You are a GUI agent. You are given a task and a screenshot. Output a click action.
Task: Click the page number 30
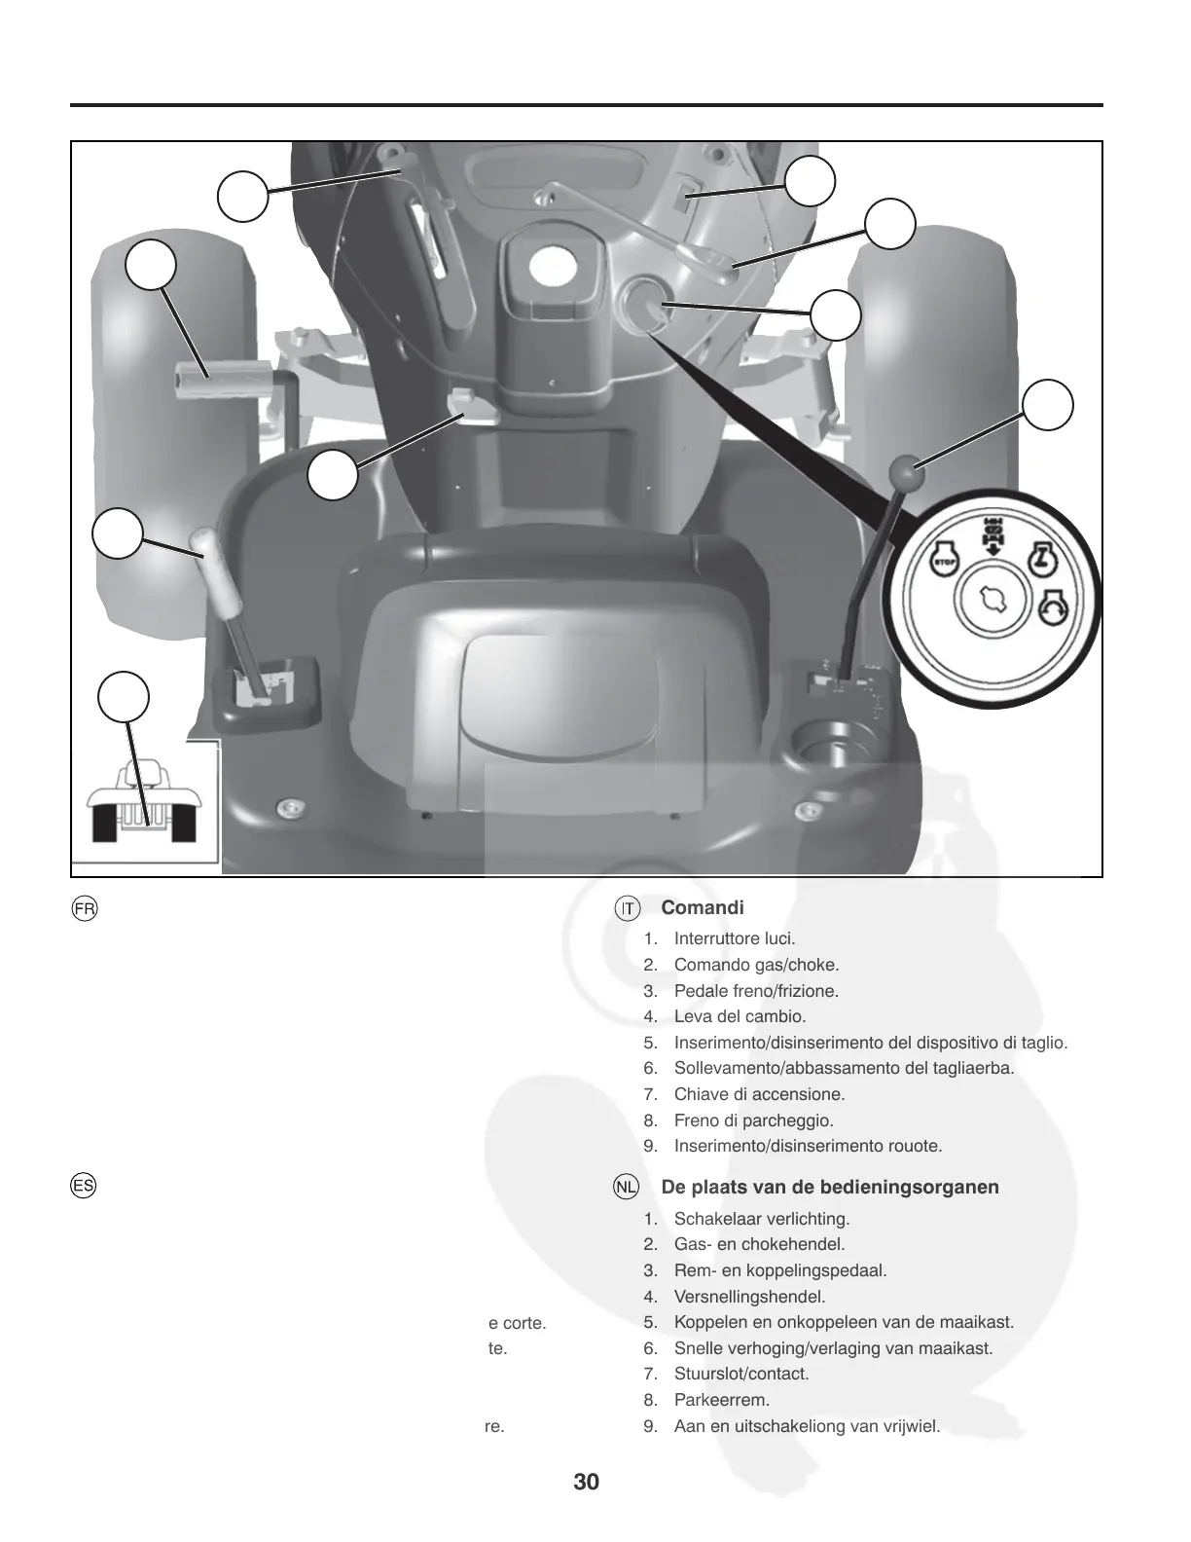(586, 1482)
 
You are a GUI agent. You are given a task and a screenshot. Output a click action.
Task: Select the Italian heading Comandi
(703, 907)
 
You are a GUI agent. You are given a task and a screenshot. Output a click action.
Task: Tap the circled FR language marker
(85, 908)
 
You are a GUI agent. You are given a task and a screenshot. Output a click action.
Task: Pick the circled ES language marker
(84, 1187)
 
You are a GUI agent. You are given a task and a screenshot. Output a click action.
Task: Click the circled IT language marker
(628, 908)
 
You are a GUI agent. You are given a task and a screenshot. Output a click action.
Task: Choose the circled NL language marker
(627, 1188)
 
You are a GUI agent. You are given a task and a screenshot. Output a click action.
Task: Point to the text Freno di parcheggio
(753, 1120)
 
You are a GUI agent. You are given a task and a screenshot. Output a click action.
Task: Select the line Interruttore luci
(735, 939)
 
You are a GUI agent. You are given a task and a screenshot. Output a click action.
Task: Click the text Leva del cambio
(740, 1016)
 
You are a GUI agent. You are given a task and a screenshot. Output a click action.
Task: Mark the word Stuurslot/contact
(741, 1374)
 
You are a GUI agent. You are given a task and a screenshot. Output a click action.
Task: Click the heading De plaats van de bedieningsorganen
(830, 1187)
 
